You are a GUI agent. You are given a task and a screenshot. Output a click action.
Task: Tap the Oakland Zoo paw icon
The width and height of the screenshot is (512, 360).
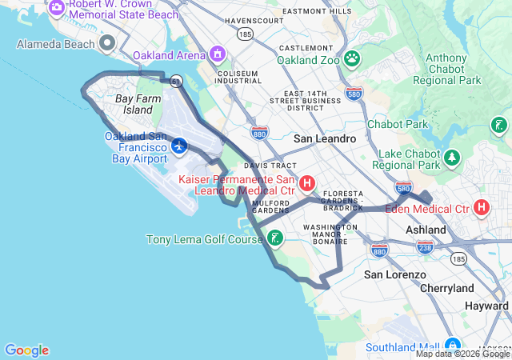point(351,58)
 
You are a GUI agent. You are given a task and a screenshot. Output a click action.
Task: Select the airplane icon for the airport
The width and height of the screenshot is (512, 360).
point(178,146)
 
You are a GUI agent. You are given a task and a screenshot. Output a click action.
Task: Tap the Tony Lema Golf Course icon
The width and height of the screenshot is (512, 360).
point(274,238)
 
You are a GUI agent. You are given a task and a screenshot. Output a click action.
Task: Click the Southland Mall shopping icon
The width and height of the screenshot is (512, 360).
point(451,346)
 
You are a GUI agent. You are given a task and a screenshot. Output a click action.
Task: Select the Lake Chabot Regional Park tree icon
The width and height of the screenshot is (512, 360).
point(453,157)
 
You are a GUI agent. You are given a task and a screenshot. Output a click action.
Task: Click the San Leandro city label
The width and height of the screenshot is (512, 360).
point(324,138)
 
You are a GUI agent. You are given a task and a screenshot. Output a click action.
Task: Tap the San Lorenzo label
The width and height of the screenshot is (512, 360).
point(395,274)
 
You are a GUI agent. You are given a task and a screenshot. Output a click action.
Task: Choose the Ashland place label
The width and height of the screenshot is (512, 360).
point(425,230)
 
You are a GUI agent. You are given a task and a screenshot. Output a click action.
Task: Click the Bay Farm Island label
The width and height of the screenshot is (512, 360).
point(133,104)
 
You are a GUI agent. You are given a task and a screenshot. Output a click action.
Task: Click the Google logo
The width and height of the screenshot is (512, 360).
point(26,350)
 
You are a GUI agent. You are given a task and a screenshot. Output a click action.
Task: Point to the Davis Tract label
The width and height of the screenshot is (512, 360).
point(265,165)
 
